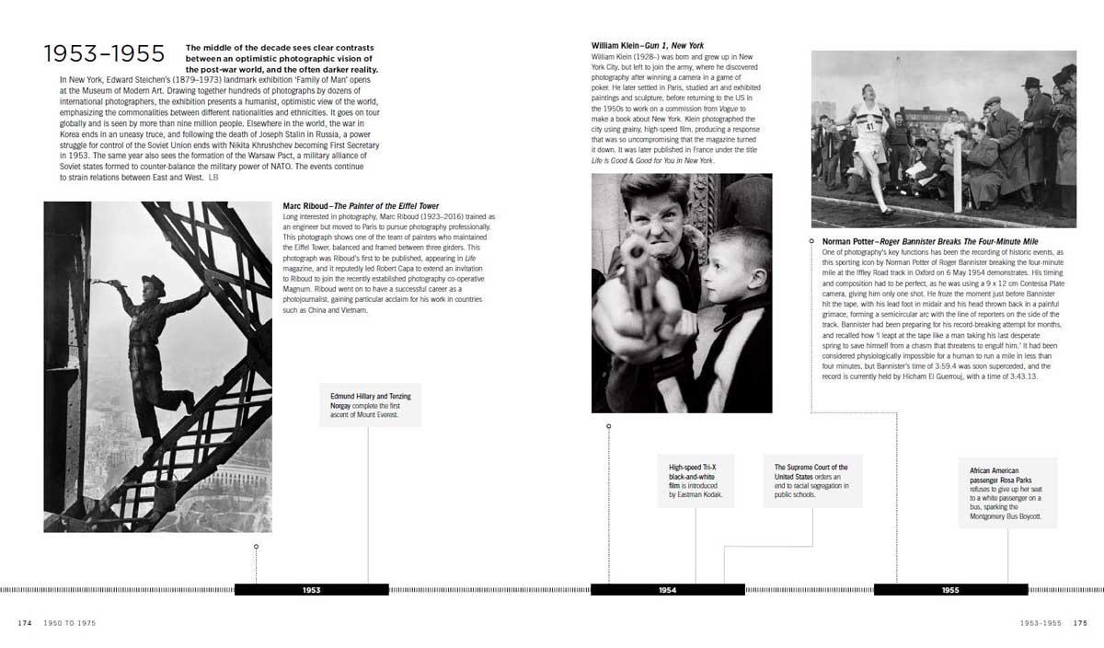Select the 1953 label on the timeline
tap(312, 589)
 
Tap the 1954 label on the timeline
tap(668, 589)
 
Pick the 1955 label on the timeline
tap(950, 589)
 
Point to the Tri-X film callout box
tap(696, 481)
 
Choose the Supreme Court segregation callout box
tap(812, 480)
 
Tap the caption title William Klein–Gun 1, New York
tap(650, 45)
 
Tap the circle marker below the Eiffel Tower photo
tap(256, 547)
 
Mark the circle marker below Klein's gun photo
tap(608, 426)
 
